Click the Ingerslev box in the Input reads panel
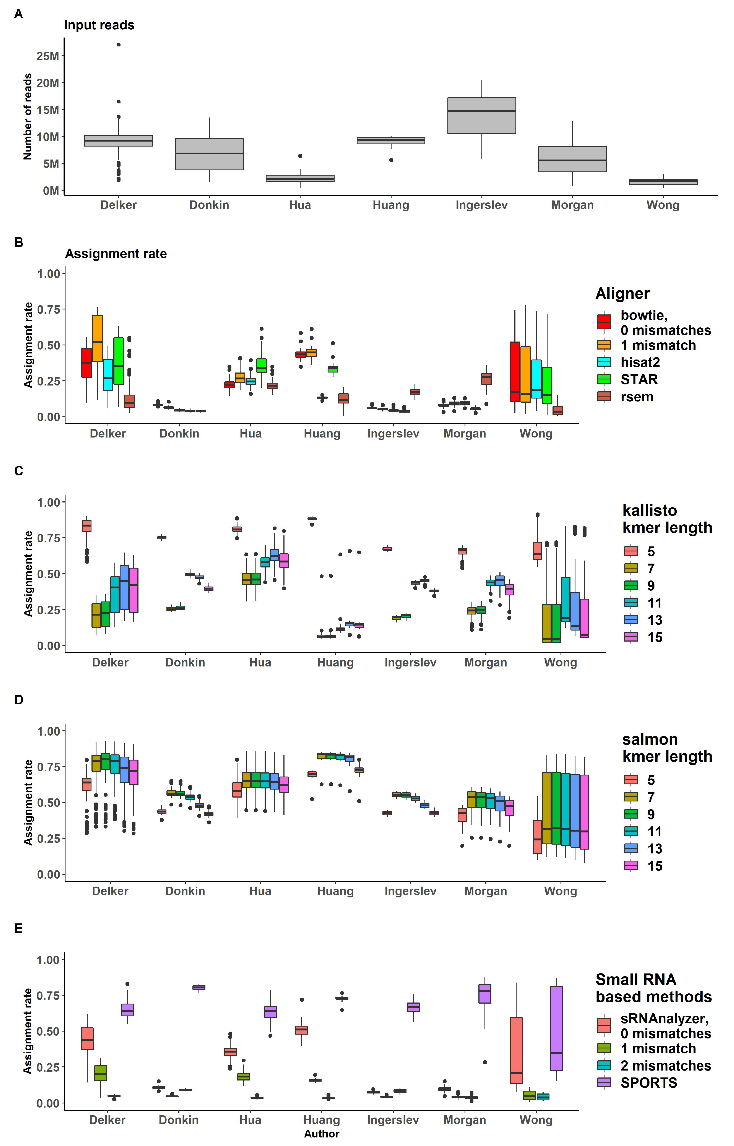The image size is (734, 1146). coord(481,116)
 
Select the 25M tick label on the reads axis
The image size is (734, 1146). coord(48,56)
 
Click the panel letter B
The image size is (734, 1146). coord(19,242)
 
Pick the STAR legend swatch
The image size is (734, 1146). coord(604,379)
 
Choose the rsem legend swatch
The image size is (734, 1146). coord(604,396)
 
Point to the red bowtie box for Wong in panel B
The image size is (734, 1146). coord(515,372)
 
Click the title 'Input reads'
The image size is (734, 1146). coord(99,25)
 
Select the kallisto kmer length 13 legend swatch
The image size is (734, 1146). coord(631,620)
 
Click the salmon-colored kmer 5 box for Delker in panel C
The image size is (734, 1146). coord(87,525)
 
